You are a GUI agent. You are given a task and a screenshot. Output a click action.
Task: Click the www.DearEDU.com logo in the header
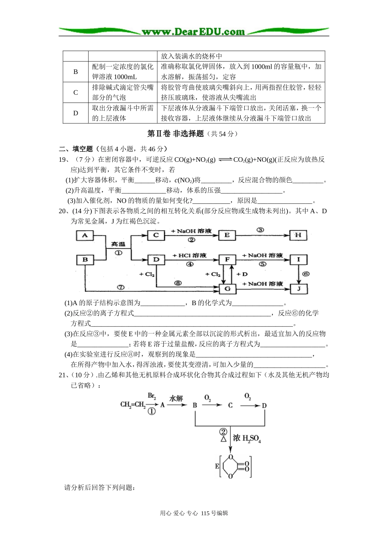(193, 31)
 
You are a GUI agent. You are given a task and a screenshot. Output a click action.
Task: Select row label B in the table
(76, 71)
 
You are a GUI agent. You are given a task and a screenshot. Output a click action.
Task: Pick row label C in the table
(76, 92)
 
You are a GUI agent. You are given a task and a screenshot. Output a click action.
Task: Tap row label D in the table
(76, 113)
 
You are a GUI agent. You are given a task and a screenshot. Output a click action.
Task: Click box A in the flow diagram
(85, 235)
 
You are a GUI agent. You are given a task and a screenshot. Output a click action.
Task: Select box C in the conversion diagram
(156, 235)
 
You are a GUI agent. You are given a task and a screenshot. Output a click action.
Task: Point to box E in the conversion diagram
(227, 235)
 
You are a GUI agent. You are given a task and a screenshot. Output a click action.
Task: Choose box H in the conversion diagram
(298, 235)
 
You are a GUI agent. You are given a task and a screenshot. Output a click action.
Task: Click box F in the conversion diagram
(227, 260)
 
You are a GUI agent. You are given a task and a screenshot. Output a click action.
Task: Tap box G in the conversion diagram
(227, 289)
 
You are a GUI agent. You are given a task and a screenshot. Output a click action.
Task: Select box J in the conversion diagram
(299, 289)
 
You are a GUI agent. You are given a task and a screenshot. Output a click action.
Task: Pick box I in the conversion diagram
(298, 260)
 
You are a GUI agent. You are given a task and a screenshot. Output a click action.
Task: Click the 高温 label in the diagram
(118, 244)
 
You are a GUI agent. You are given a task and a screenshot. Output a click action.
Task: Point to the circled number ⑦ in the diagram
(120, 287)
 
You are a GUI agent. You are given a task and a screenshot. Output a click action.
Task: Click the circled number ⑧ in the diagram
(178, 283)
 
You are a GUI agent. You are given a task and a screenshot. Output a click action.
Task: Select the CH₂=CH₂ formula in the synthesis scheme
(133, 405)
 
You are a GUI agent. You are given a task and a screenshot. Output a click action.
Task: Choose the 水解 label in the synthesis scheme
(176, 398)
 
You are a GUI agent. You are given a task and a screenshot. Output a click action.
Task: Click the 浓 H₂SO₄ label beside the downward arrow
(247, 439)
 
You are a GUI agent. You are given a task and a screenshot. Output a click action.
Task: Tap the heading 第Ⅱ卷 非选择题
(175, 134)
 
